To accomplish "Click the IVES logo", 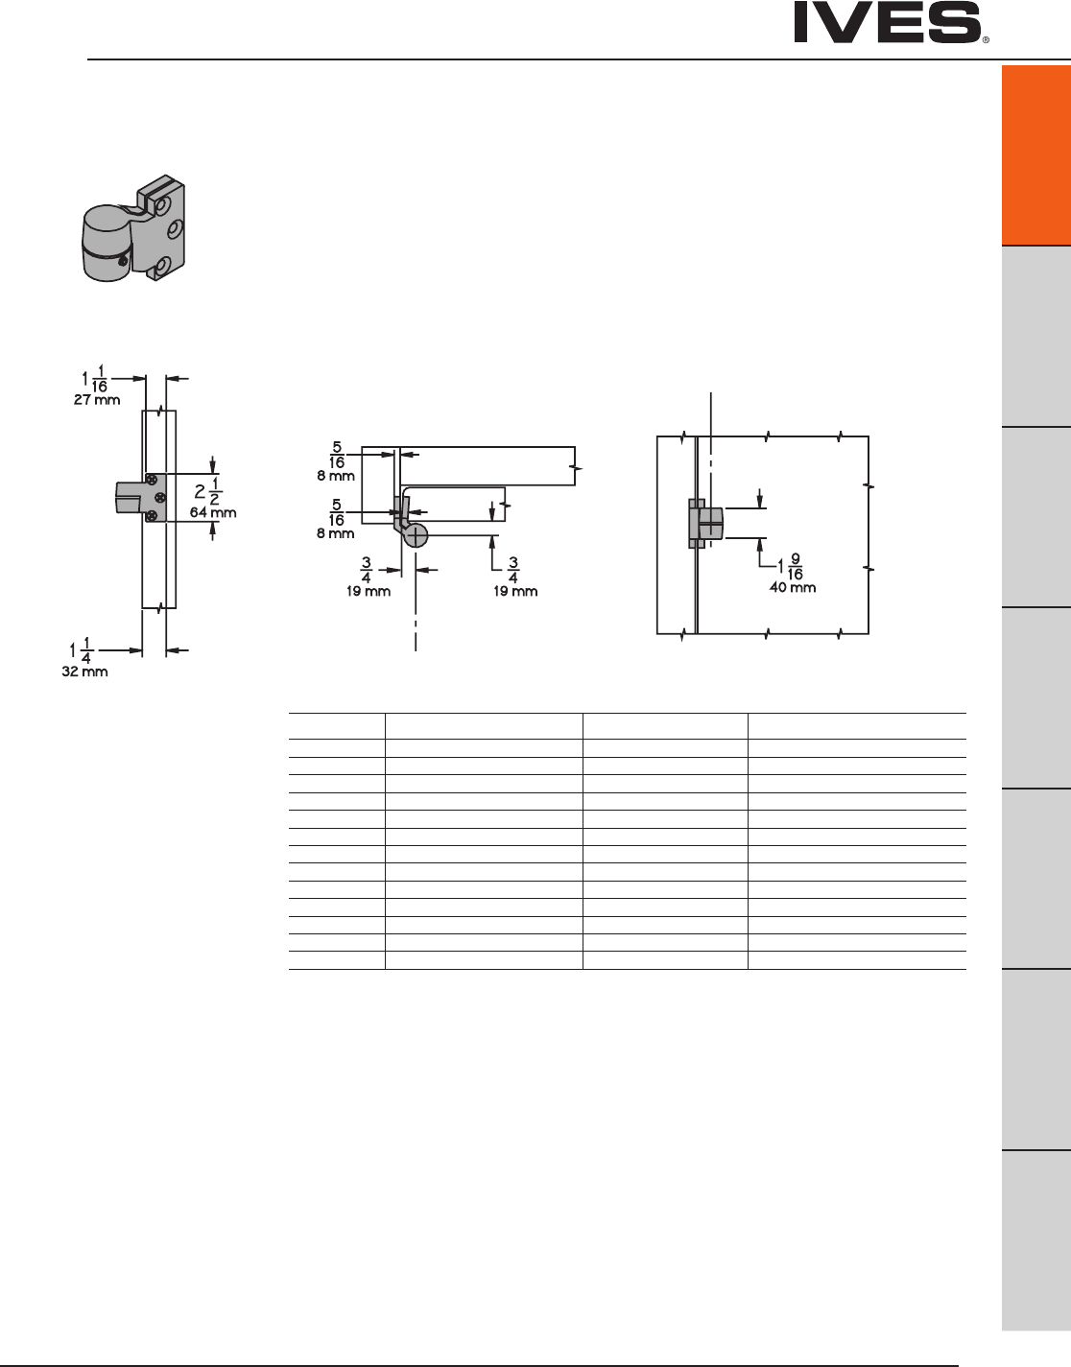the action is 888,23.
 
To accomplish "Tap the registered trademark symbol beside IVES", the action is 986,39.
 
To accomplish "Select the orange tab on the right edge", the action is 1036,154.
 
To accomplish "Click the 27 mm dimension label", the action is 97,399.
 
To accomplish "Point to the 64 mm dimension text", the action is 213,512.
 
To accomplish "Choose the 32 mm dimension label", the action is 85,672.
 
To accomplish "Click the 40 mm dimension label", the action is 793,587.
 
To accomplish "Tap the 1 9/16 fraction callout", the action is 791,567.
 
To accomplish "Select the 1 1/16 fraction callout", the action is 95,379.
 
